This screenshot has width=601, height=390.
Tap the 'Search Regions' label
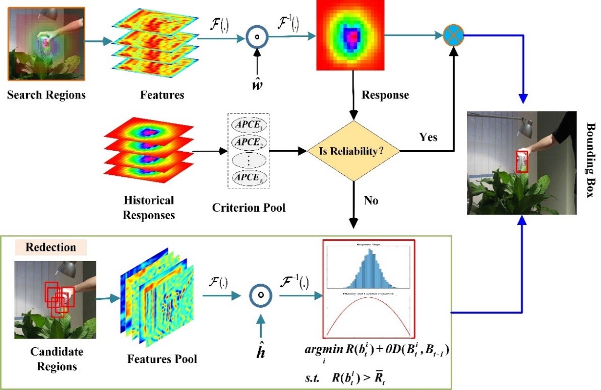point(46,94)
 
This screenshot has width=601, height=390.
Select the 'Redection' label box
point(50,247)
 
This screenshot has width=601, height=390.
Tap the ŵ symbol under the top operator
point(257,82)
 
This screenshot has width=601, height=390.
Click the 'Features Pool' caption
point(161,359)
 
